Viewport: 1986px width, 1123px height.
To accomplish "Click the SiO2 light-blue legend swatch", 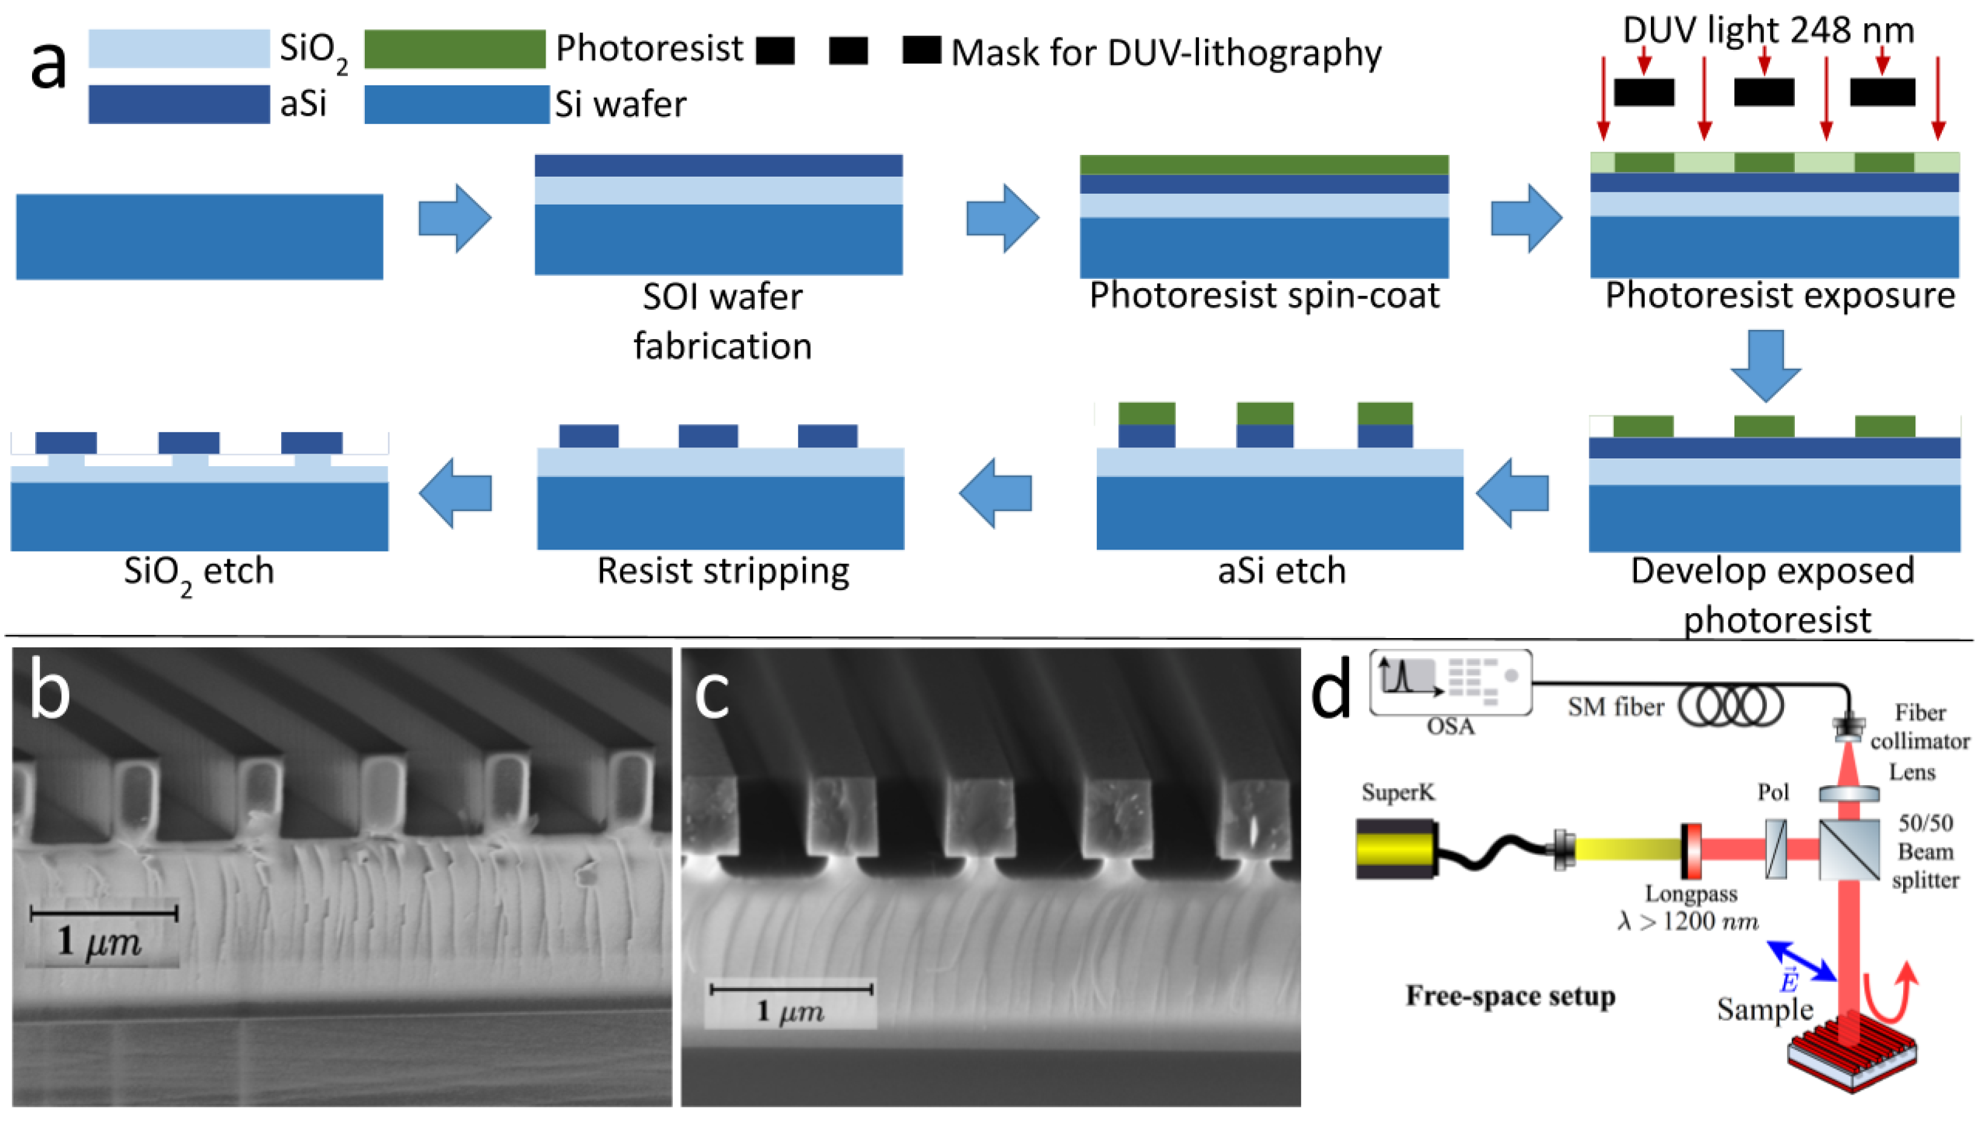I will click(x=179, y=48).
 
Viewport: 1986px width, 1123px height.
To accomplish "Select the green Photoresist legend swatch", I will click(x=454, y=48).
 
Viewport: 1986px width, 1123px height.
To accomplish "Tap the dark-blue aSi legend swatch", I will click(x=179, y=104).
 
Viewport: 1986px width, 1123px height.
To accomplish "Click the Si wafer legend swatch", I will click(x=456, y=104).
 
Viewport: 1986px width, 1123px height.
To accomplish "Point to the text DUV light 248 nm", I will click(x=1768, y=31).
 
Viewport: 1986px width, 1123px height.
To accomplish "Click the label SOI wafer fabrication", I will click(x=722, y=321).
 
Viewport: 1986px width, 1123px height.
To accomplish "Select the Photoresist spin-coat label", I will click(x=1264, y=295).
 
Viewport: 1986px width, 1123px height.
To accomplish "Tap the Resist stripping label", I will click(x=722, y=571).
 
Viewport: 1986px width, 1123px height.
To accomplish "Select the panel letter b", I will click(x=50, y=692).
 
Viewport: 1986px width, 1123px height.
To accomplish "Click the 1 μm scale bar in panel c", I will click(x=791, y=989).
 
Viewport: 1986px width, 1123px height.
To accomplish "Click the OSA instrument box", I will click(x=1450, y=683).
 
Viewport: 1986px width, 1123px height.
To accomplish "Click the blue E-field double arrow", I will click(x=1801, y=961).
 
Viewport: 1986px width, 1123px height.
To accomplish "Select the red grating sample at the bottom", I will click(x=1850, y=1053).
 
